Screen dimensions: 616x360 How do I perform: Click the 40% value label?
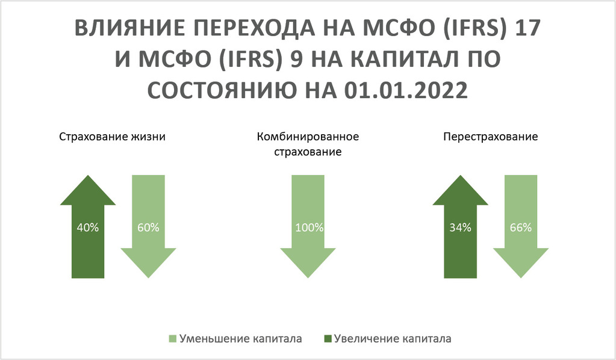coord(87,228)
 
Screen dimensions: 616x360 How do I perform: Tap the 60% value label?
coord(148,228)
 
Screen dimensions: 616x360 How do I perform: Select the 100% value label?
coord(309,228)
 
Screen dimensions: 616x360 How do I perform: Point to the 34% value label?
coord(460,228)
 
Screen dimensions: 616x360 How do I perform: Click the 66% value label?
coord(520,228)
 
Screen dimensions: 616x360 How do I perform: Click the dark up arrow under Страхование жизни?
coord(88,226)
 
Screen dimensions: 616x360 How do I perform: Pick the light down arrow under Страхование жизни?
coord(149,226)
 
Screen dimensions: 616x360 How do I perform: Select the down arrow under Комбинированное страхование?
coord(308,226)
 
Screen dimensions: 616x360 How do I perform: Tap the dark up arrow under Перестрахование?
coord(461,226)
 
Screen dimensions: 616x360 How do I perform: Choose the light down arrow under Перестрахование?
coord(521,226)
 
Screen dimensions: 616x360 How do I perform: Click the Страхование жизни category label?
coord(113,137)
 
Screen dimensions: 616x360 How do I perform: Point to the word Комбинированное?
coord(308,137)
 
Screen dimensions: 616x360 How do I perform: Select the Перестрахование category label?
coord(490,137)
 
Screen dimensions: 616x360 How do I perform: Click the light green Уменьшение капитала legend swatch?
coord(172,339)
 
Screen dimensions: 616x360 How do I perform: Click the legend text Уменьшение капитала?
coord(240,339)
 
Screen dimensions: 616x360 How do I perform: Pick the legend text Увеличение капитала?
coord(393,339)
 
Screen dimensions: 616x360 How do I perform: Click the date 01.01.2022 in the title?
coord(406,90)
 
